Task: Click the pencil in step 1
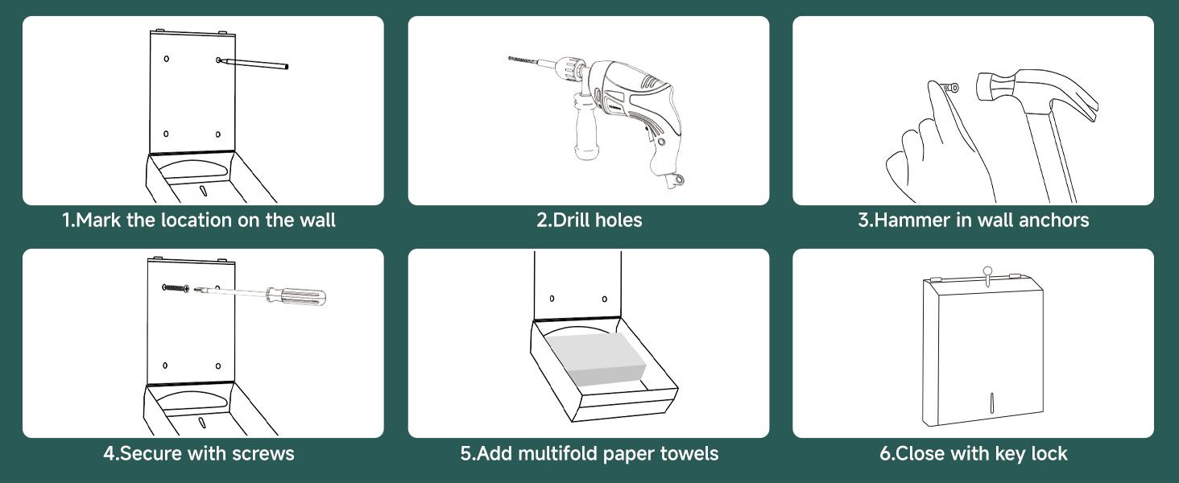pyautogui.click(x=254, y=63)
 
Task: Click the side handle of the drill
pyautogui.click(x=586, y=126)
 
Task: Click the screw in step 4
pyautogui.click(x=176, y=288)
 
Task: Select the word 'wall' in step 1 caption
pyautogui.click(x=317, y=220)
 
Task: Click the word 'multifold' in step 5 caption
pyautogui.click(x=558, y=453)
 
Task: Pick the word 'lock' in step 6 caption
pyautogui.click(x=1049, y=453)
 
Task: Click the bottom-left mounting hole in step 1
pyautogui.click(x=166, y=134)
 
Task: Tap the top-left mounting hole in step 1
pyautogui.click(x=167, y=59)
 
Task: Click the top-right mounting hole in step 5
pyautogui.click(x=604, y=299)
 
